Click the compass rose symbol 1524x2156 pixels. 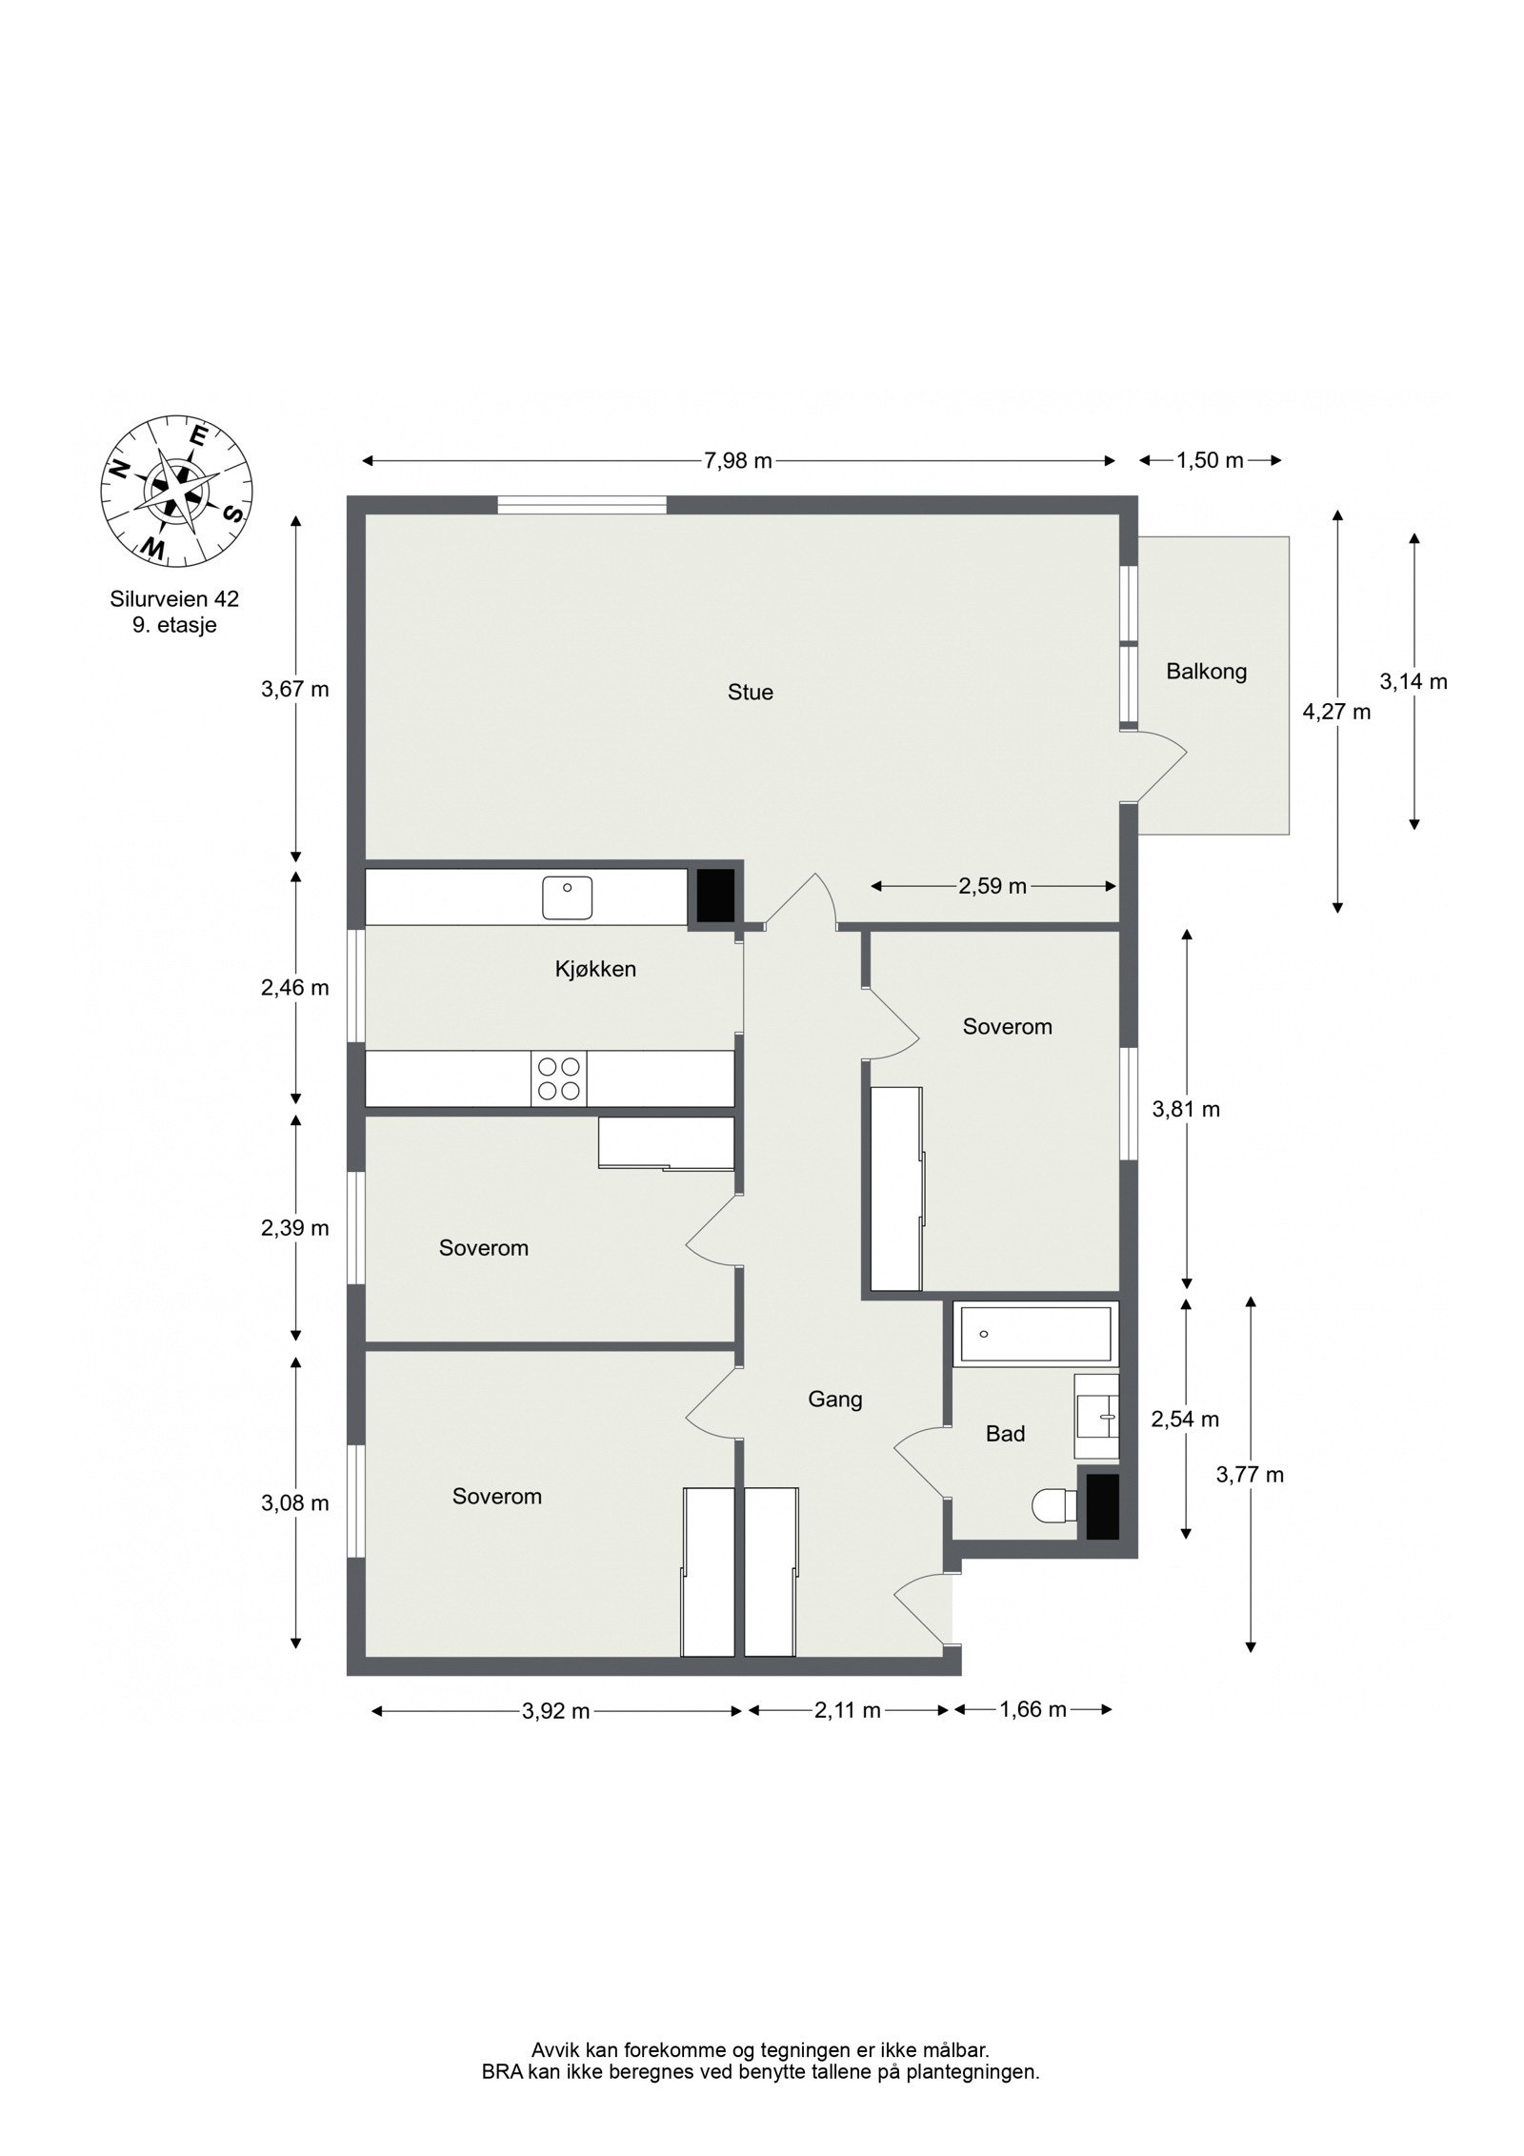175,492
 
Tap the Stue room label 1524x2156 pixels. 750,693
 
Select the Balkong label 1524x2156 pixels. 1206,672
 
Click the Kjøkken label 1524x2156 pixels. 595,970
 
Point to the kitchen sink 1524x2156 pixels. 567,897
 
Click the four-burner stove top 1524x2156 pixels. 559,1078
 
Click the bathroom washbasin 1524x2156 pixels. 1098,1416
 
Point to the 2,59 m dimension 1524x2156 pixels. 993,887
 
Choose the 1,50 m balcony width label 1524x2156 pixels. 1210,461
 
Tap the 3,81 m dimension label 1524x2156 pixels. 1186,1109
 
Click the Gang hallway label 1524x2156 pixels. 834,1400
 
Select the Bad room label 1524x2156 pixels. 1005,1434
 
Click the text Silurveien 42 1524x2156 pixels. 174,599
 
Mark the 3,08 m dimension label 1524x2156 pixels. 295,1503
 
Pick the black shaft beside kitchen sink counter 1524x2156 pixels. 714,895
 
